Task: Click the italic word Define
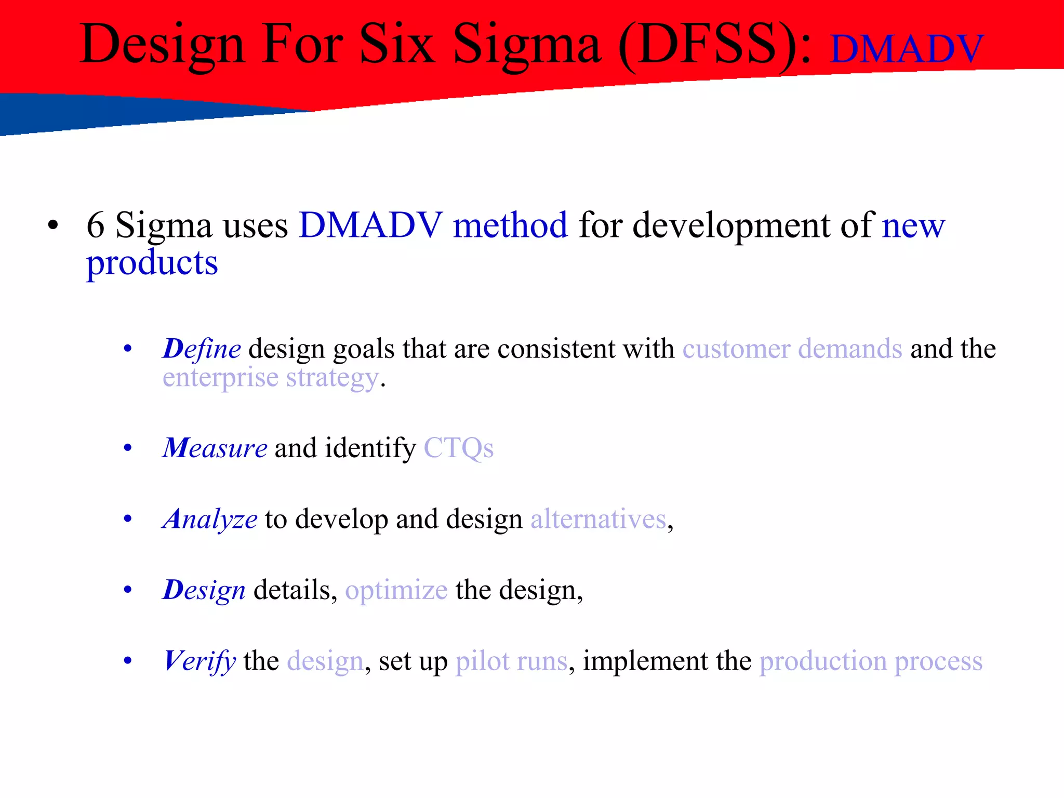[202, 349]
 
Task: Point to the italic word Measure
[215, 448]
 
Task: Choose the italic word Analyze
[210, 519]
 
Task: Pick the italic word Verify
[200, 661]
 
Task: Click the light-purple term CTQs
[458, 448]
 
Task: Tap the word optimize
[396, 590]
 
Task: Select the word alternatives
[598, 519]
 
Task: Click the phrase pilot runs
[511, 661]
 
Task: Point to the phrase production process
[871, 661]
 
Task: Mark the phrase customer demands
[792, 349]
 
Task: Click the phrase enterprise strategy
[270, 378]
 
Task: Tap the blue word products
[152, 263]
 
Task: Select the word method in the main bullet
[510, 225]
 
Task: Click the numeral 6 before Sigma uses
[96, 225]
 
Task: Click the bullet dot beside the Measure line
[128, 448]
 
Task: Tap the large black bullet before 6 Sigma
[52, 225]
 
